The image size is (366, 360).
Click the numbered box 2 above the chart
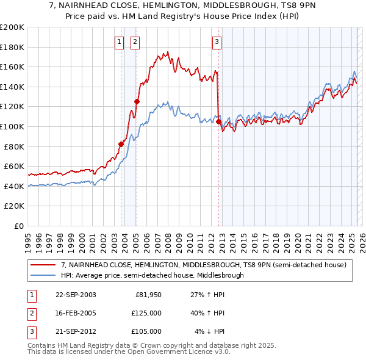(x=134, y=42)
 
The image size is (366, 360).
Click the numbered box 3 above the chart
(x=217, y=42)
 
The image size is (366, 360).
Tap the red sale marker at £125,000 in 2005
(x=137, y=102)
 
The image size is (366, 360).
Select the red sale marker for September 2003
(x=121, y=144)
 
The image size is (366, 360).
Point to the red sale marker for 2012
(x=218, y=122)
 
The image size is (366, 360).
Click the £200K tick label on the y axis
(x=12, y=27)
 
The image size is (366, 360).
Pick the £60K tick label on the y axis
(x=15, y=167)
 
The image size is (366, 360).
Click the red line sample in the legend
(x=43, y=265)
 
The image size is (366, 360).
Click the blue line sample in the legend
(x=43, y=275)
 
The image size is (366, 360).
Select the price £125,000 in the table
(x=146, y=313)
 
